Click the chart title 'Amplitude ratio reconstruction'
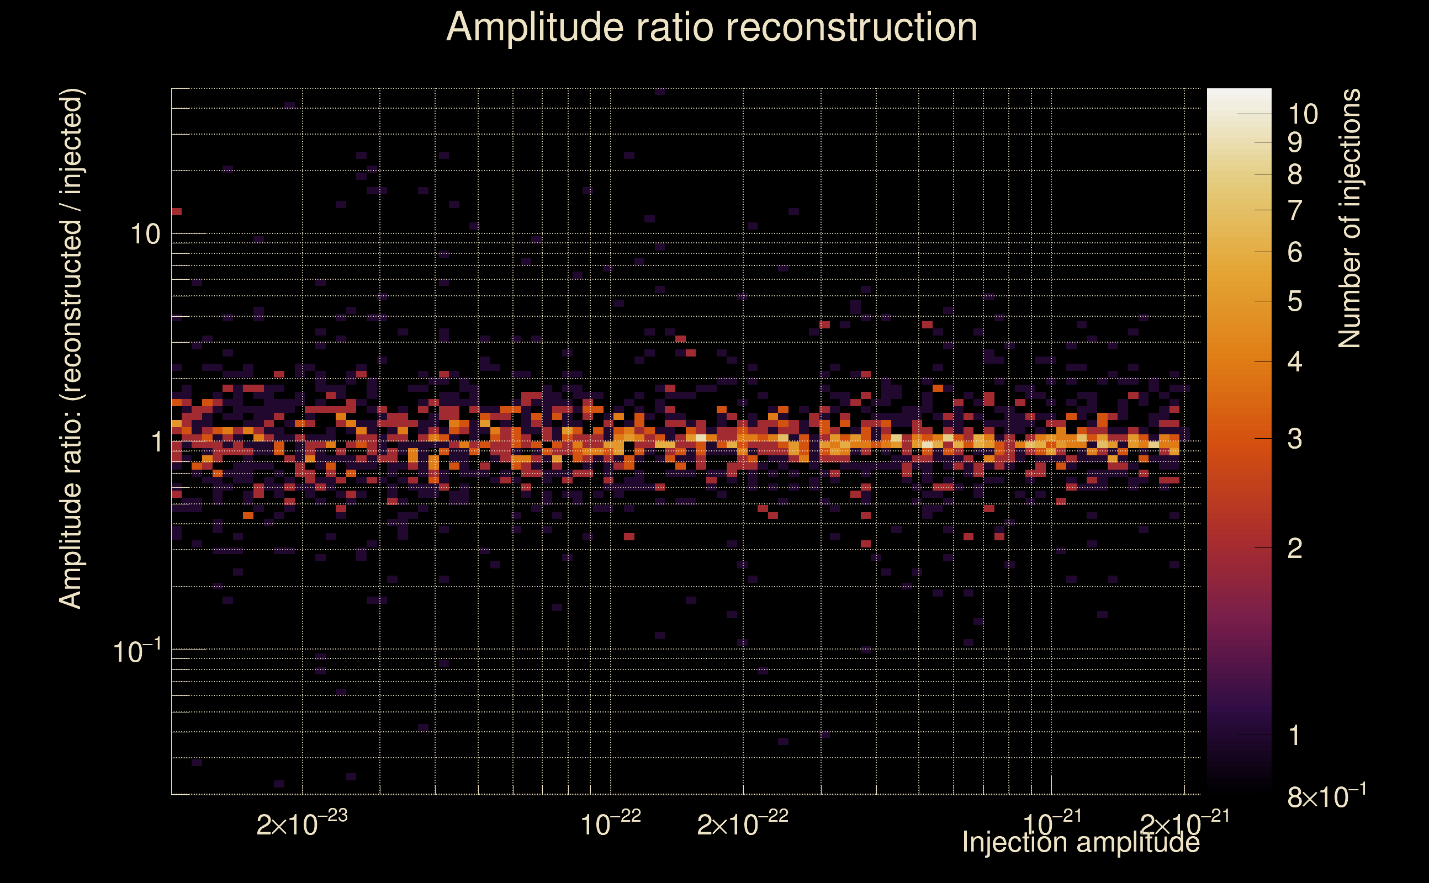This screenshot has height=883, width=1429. click(x=712, y=28)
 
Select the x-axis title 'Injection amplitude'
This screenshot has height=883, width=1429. click(x=1081, y=842)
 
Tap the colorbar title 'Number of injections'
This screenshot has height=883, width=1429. click(x=1349, y=219)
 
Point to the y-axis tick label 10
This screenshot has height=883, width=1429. click(x=145, y=235)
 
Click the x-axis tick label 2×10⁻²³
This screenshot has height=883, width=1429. click(x=301, y=824)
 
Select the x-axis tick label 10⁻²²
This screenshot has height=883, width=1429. click(x=611, y=824)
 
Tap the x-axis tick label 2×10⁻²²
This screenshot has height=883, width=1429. click(x=743, y=824)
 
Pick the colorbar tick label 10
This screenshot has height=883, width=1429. click(x=1303, y=114)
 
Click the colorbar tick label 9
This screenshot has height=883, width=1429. click(x=1295, y=142)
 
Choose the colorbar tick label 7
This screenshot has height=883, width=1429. click(x=1295, y=210)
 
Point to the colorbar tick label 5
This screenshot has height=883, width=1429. click(x=1295, y=301)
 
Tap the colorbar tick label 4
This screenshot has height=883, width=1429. click(x=1295, y=362)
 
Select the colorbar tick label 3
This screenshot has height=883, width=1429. click(x=1295, y=439)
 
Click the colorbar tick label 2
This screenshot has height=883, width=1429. click(x=1295, y=549)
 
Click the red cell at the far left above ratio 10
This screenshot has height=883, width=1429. click(x=177, y=211)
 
